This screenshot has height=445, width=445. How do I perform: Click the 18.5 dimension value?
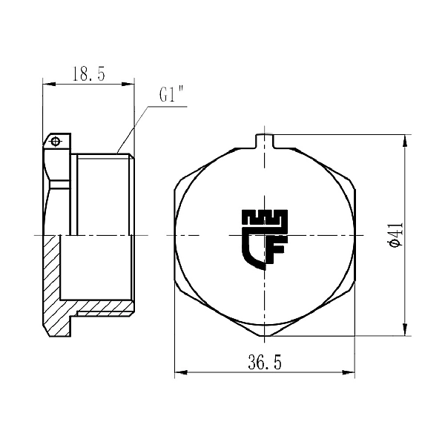88,73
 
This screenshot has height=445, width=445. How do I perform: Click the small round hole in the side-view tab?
54,140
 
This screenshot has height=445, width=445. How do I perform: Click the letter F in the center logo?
275,249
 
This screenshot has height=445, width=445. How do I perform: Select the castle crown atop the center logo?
265,219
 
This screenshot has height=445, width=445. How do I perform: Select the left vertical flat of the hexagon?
175,234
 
